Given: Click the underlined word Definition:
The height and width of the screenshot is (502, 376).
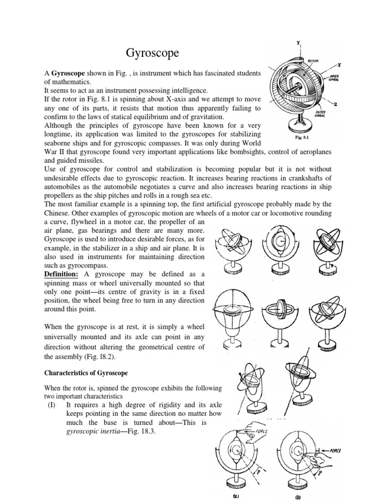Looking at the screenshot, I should point(64,273).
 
